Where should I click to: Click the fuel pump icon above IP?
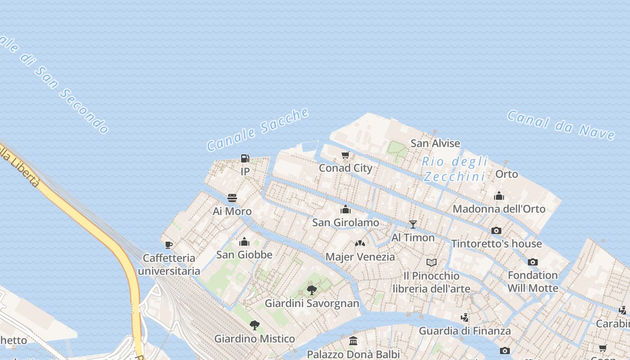[x=245, y=158]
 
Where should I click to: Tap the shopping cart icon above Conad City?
[x=345, y=155]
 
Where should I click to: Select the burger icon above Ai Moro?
[x=232, y=198]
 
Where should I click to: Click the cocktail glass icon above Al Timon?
[x=413, y=225]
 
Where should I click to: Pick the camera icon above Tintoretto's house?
[x=496, y=231]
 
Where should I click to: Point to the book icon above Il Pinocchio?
[x=431, y=262]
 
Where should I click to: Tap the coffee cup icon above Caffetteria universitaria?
[x=168, y=245]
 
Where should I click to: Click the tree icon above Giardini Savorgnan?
[x=311, y=290]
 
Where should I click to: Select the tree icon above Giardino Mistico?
[x=254, y=325]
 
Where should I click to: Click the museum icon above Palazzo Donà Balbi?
[x=353, y=341]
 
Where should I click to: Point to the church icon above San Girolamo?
[x=346, y=209]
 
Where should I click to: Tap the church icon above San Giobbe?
[x=244, y=242]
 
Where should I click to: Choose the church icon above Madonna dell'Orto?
[x=499, y=196]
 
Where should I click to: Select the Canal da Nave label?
[x=561, y=125]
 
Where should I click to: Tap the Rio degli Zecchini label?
[x=455, y=169]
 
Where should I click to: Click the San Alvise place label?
[x=435, y=144]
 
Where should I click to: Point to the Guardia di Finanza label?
[x=465, y=331]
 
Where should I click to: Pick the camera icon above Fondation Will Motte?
[x=532, y=262]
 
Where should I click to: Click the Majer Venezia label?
[x=360, y=257]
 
